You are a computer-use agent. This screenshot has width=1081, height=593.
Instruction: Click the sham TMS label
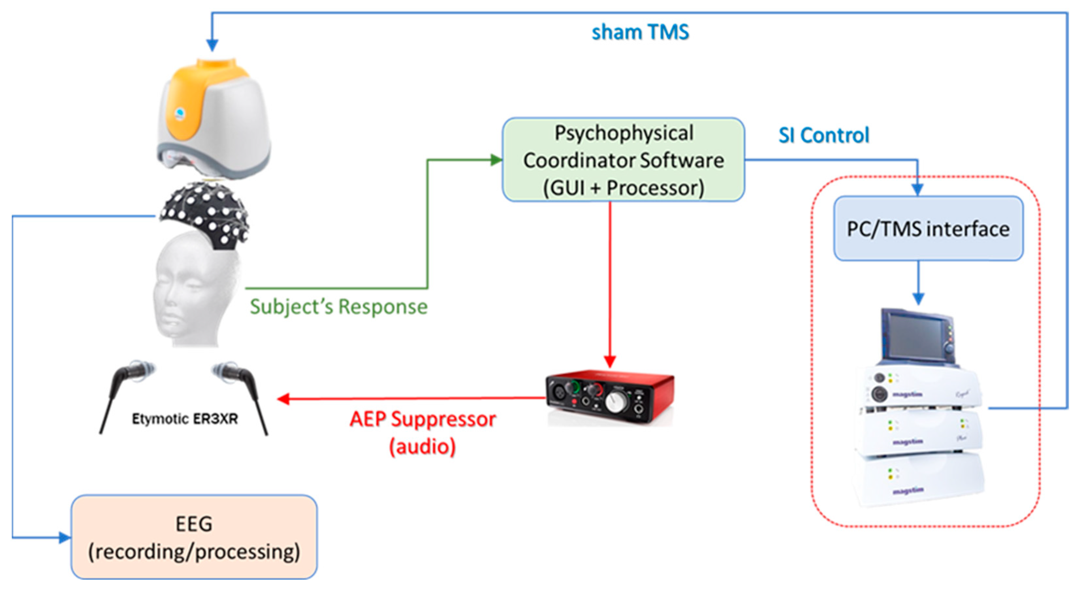pos(640,32)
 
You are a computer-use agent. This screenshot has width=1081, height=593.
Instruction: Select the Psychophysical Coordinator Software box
pos(623,160)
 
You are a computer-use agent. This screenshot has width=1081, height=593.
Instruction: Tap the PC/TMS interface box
pos(928,228)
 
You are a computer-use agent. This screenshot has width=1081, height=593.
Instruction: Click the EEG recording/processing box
pos(194,537)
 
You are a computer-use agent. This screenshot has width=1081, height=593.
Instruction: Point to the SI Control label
pos(823,135)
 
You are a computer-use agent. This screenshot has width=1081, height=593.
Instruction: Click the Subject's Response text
pos(338,306)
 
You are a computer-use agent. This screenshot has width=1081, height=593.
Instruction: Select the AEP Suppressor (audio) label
pos(422,432)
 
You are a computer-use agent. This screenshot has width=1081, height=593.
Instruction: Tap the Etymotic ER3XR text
pos(185,418)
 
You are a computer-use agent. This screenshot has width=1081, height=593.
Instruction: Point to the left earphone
pos(126,386)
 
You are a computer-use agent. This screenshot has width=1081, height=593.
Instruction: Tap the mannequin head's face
pos(181,298)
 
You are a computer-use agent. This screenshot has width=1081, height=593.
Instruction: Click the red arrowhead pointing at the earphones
pos(284,399)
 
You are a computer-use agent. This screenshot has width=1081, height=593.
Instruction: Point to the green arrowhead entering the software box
pos(497,160)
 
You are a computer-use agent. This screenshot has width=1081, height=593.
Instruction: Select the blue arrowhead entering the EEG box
pos(65,537)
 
